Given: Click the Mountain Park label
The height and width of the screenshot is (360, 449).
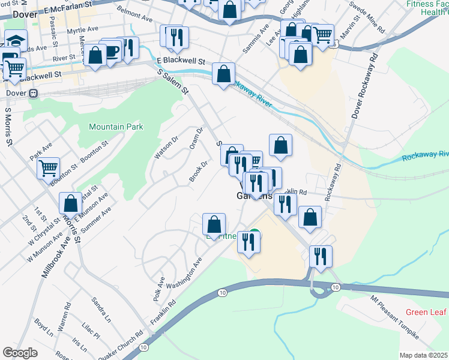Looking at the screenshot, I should [x=116, y=127].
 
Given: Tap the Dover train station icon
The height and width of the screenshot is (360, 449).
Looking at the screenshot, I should [x=34, y=94].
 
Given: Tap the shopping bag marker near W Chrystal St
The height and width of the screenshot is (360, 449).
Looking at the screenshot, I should [x=70, y=203].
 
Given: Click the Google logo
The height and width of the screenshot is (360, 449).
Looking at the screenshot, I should [x=20, y=353].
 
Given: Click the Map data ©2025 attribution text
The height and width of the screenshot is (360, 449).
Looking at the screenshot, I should [x=423, y=355].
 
